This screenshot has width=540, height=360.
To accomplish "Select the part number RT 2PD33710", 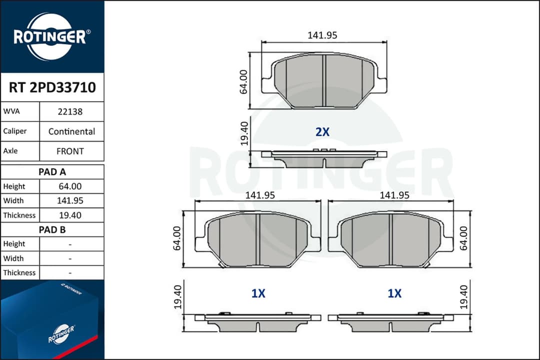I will coord(52,88).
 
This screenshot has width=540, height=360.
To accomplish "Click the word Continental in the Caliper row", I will coord(71,131).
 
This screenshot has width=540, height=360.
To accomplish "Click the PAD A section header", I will coord(52,172).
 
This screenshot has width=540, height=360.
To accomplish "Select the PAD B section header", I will coord(52,230).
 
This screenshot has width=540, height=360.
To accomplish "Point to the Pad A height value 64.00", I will coord(70,186).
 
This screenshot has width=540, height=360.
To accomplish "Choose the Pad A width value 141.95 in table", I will coord(70,201).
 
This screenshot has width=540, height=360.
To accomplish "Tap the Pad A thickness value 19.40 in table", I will coord(70,215).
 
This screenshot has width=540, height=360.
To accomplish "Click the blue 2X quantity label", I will coord(322,132).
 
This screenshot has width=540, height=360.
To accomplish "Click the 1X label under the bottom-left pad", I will coord(258,294).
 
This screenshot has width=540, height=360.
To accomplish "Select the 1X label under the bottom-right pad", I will coord(394,294).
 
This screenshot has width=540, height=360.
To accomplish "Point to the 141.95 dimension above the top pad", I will coord(322,35).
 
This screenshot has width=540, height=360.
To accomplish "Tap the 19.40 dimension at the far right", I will coord(463,297).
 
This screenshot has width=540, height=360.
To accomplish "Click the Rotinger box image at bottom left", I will coord(50,320).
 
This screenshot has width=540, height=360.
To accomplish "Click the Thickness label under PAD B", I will coord(19,273).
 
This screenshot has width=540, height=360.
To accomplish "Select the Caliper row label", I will coord(15,131).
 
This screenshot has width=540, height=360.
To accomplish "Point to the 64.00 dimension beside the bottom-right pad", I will coord(463,237).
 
